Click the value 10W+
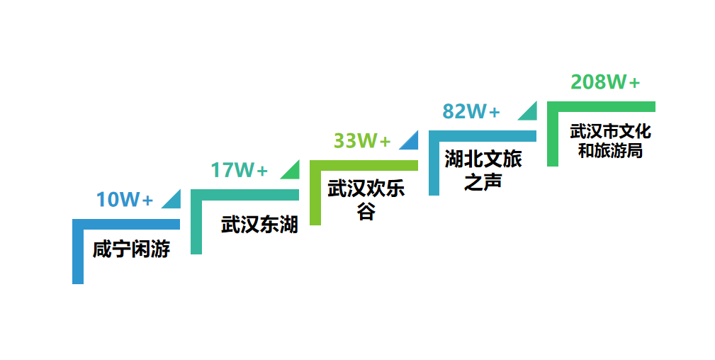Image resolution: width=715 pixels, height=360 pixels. [x=125, y=200]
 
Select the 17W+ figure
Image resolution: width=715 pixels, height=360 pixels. [x=239, y=170]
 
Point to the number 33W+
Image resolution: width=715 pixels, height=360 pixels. [x=362, y=141]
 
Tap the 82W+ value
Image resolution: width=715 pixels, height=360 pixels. [x=471, y=111]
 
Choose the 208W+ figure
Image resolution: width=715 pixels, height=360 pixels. [x=605, y=82]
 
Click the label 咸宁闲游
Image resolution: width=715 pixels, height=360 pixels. [x=132, y=249]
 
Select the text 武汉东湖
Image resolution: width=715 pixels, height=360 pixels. [x=259, y=225]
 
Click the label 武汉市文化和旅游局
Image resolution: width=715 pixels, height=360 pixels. [x=610, y=141]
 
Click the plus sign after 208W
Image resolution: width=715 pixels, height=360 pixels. [x=634, y=83]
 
